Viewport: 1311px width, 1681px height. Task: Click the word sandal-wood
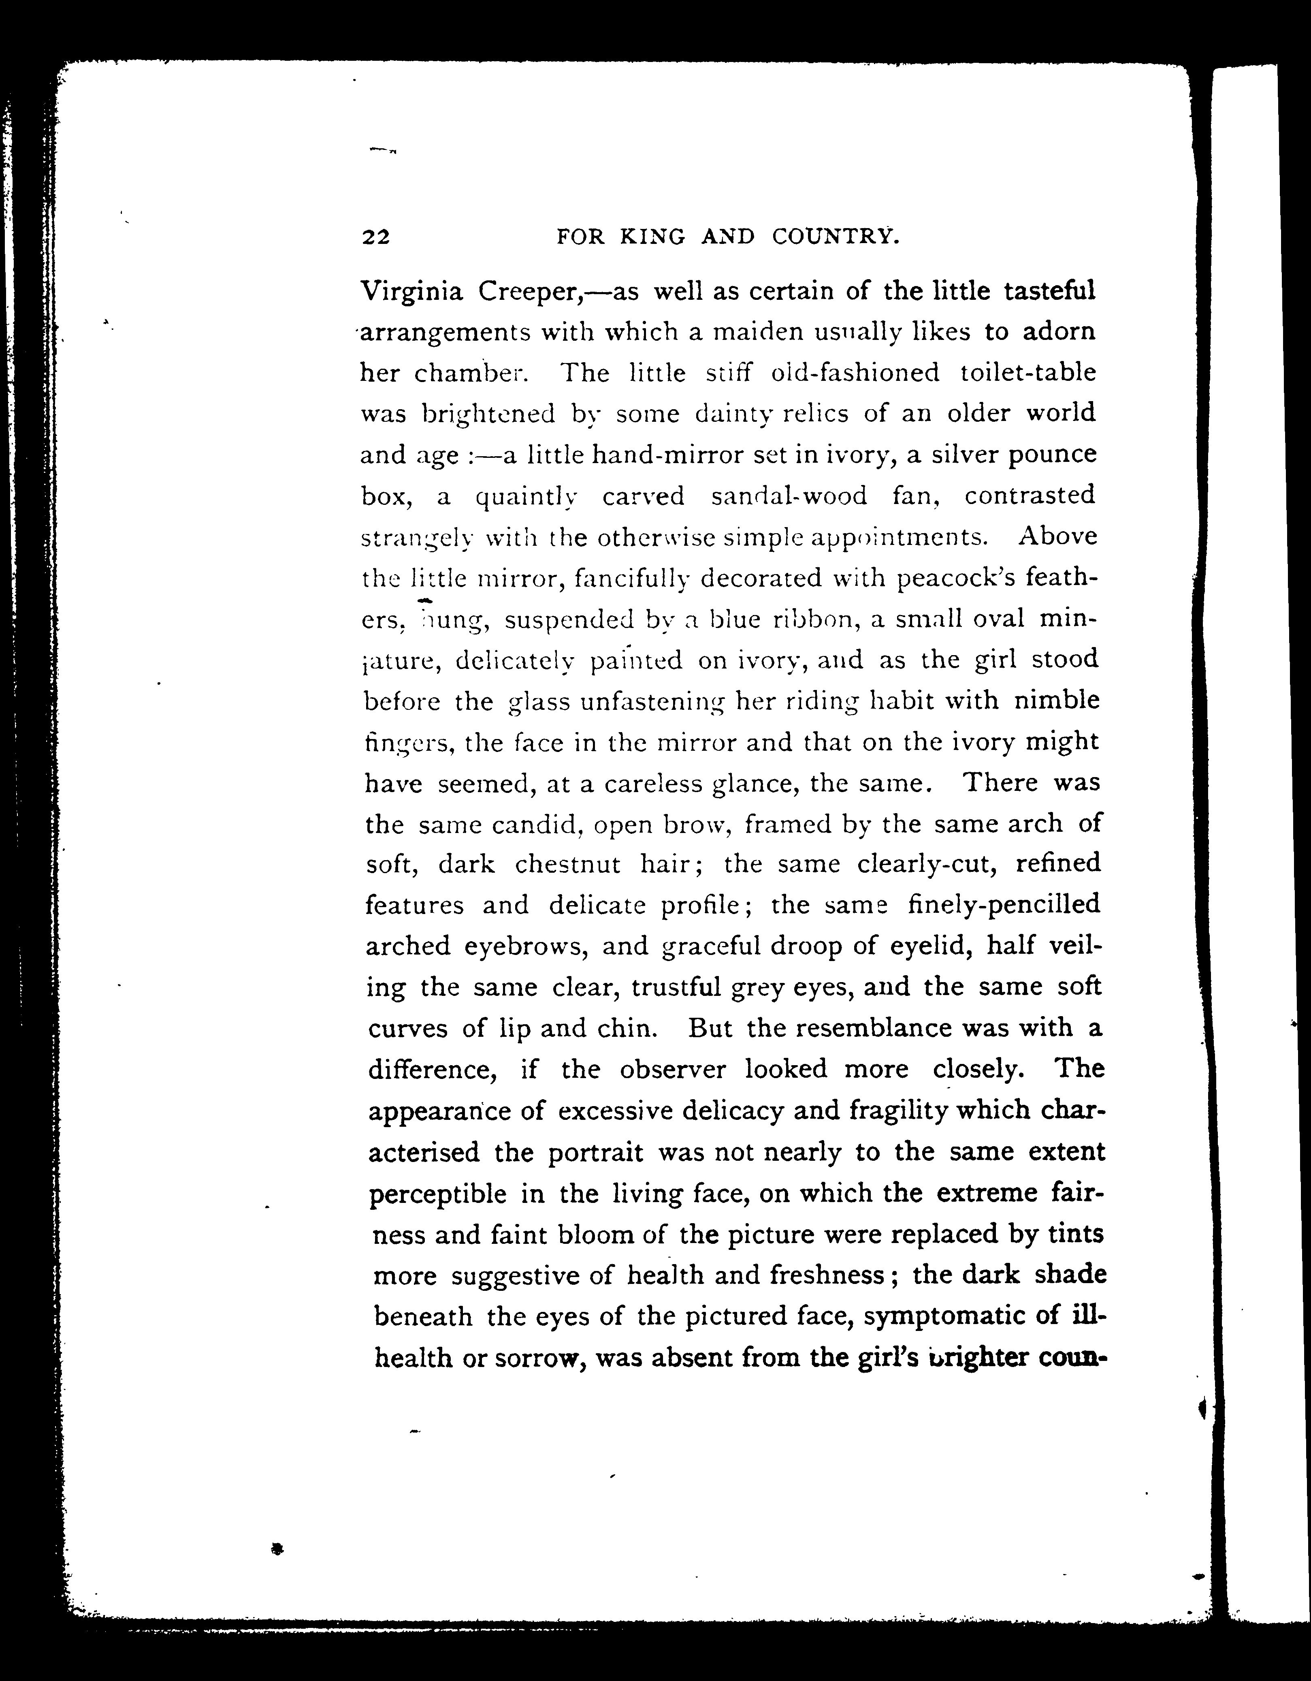click(x=789, y=496)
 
